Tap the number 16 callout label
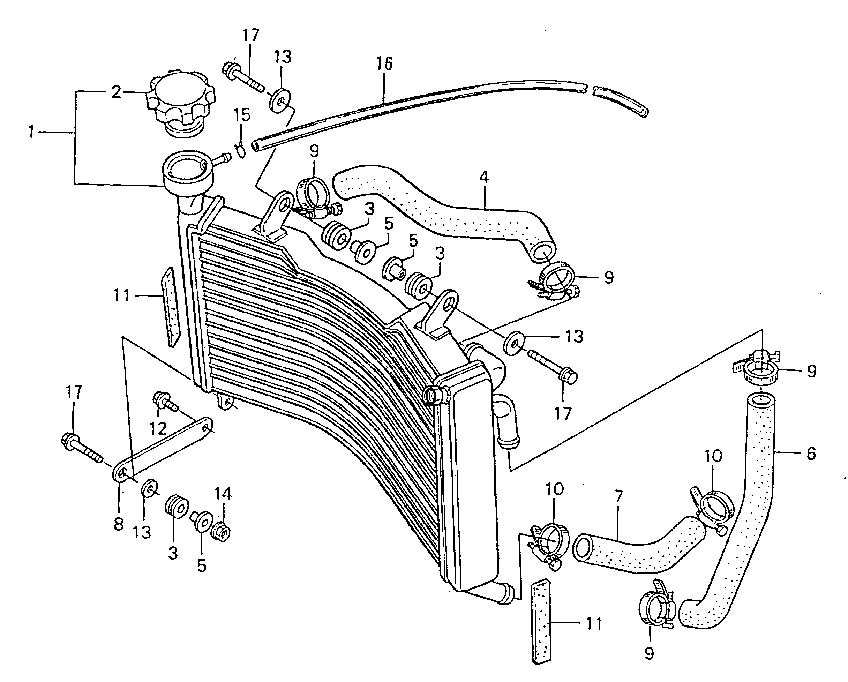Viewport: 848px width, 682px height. click(x=384, y=64)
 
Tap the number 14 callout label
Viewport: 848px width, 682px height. click(x=223, y=494)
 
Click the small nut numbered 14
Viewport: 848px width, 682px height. click(x=221, y=532)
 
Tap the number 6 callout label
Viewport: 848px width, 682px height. click(x=811, y=454)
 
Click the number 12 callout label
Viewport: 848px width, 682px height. click(x=158, y=428)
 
